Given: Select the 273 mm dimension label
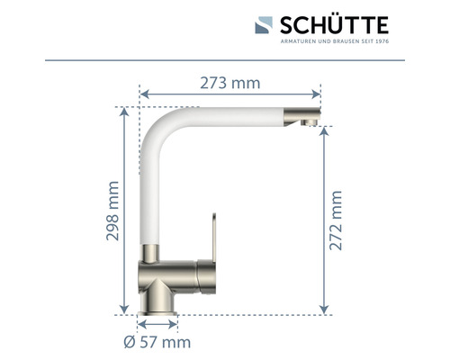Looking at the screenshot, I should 229,84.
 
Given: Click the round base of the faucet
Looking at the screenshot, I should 159,297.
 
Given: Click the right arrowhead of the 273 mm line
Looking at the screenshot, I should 318,93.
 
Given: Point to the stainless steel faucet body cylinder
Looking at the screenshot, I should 180,269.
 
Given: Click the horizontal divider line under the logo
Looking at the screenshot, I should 225,61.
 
